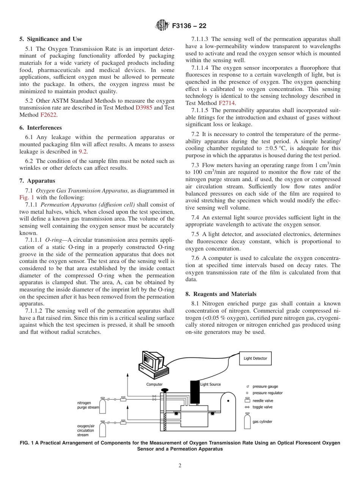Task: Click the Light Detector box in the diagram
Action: [255, 358]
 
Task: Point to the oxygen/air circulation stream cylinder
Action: [103, 429]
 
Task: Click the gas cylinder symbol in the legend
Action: [247, 421]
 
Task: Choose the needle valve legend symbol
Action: [247, 400]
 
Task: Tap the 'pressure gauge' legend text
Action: [265, 387]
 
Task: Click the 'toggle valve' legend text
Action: [263, 407]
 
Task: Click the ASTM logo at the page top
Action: [162, 26]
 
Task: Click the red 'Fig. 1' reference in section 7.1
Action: [26, 197]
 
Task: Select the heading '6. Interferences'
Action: [41, 128]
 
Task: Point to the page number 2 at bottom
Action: [180, 466]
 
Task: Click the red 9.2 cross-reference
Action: [83, 152]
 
